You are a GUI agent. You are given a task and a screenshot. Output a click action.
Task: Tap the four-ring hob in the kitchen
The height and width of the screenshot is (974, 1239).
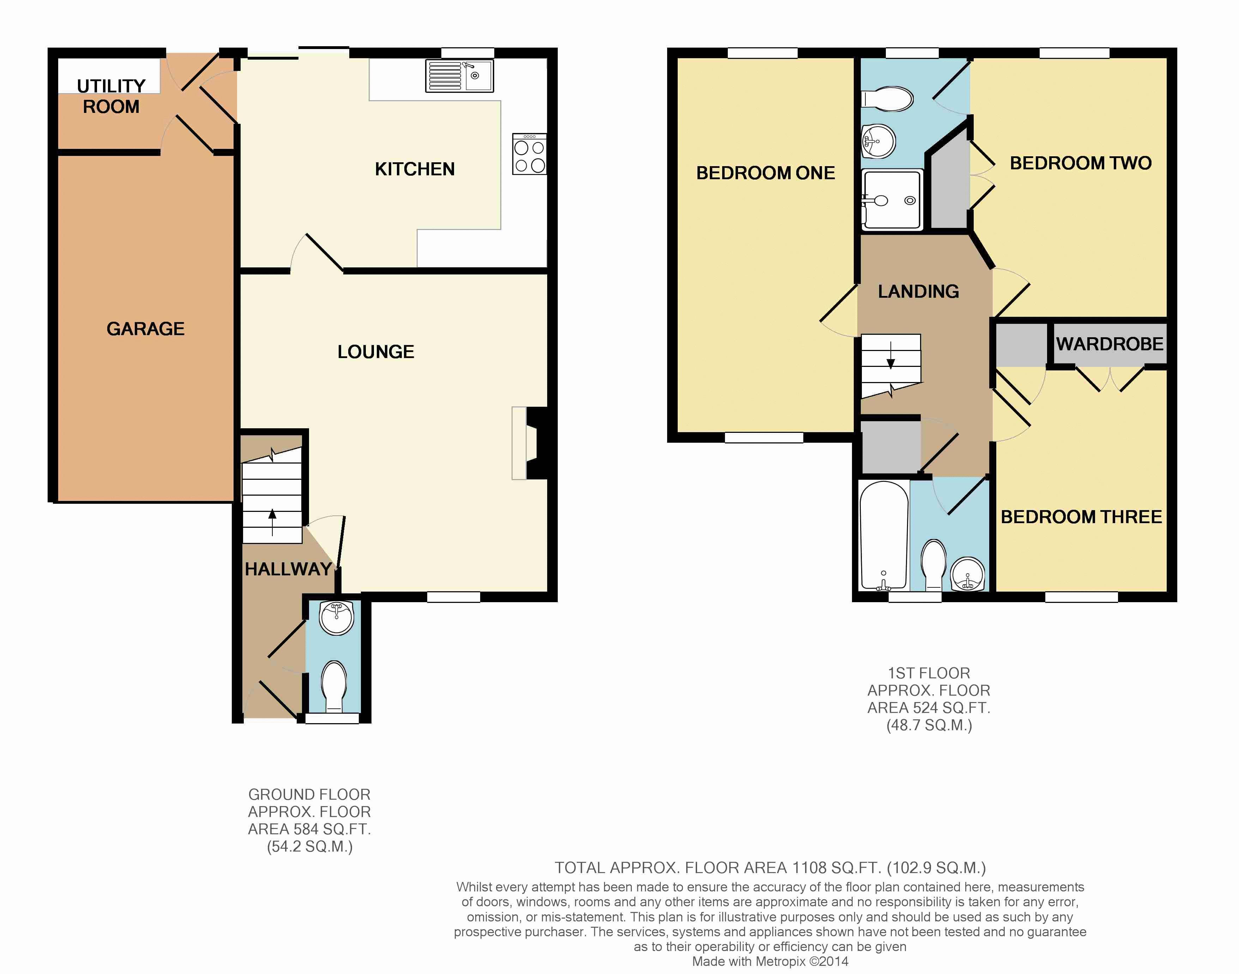530,154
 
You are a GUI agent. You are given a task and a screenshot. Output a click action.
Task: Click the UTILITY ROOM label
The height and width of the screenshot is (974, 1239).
111,96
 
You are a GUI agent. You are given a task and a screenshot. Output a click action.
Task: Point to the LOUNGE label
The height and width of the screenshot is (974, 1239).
376,351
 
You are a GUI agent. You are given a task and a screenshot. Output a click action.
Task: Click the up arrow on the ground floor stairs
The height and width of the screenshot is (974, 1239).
272,522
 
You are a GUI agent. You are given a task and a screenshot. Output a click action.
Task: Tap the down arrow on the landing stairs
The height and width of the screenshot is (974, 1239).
891,355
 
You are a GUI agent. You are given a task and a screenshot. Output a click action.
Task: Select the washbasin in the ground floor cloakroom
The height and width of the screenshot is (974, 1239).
337,618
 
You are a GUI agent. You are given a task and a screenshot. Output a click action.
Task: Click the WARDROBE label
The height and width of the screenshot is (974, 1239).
1110,344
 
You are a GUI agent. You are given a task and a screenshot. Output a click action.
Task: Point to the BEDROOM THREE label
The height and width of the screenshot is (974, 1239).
1081,517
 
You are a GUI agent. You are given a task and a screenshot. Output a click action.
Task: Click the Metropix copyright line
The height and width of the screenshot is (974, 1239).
770,961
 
